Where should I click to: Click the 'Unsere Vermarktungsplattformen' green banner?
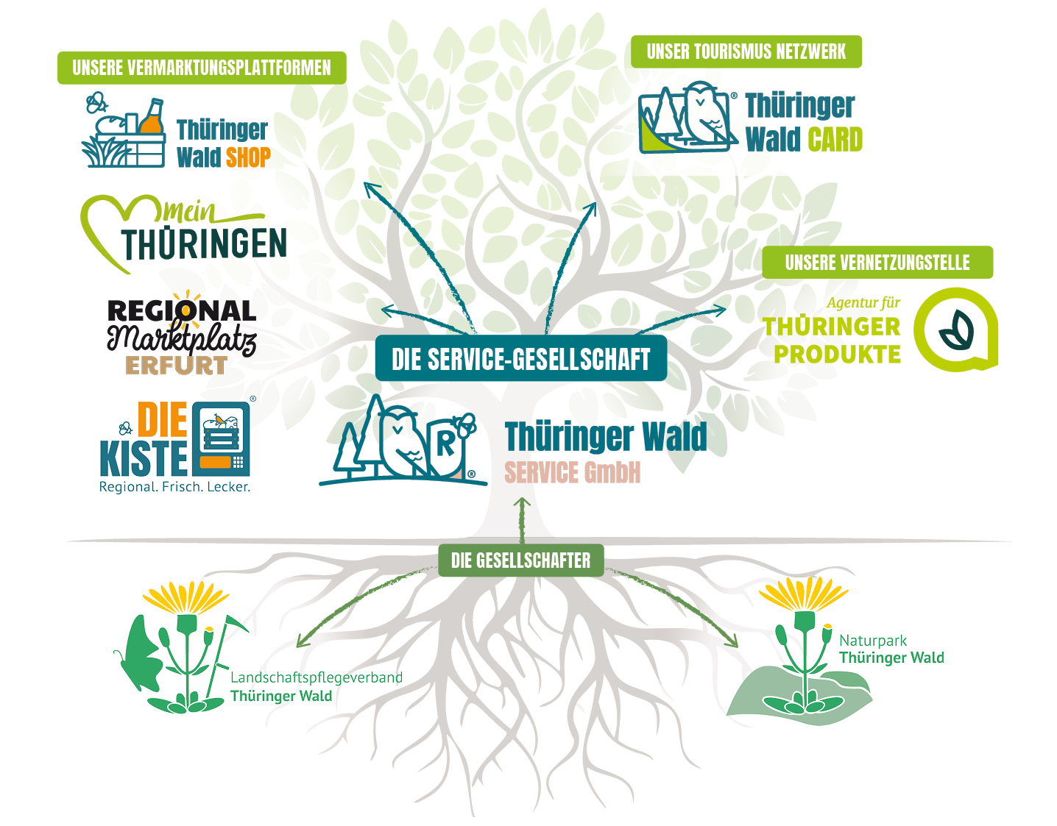[x=202, y=68]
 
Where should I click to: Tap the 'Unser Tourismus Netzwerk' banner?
[x=746, y=51]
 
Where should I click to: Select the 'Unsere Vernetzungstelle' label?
[x=877, y=263]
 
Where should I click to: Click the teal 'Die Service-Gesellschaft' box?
[x=520, y=359]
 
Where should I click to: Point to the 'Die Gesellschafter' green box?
[x=520, y=560]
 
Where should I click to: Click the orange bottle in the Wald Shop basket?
[x=152, y=118]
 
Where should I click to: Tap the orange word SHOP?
[x=248, y=157]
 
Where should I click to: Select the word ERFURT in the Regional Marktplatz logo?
[x=176, y=366]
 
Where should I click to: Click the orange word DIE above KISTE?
[x=162, y=420]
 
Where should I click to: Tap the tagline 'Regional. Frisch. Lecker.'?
[x=174, y=487]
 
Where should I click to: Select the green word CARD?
[x=835, y=140]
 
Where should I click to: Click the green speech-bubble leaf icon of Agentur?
[x=955, y=330]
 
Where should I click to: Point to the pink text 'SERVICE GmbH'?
[x=572, y=472]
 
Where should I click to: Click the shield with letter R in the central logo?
[x=446, y=444]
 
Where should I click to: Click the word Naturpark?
[x=872, y=641]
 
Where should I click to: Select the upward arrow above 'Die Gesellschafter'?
[x=522, y=515]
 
